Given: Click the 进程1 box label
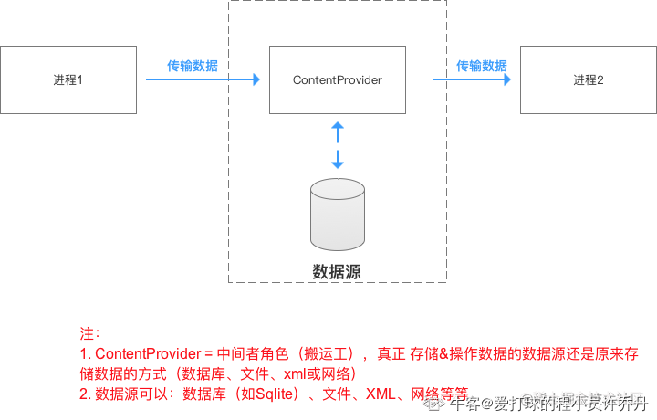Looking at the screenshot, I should coord(68,79).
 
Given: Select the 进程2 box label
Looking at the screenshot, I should coord(589,79).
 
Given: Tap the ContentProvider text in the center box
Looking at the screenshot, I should coord(337,80).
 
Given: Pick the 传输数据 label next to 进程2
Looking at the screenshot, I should coord(482,66).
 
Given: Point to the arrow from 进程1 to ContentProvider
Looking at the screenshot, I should coord(203,80).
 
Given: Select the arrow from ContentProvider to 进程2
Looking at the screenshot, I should coord(471,80).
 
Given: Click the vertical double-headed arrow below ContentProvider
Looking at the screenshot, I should coord(338,145).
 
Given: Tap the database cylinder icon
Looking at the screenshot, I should coord(338,219).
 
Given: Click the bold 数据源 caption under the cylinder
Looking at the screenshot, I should coord(337,271).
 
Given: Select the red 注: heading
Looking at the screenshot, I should coord(89,334).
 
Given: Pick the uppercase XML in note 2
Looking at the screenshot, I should coord(381,394).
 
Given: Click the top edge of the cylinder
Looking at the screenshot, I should coord(338,182).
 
